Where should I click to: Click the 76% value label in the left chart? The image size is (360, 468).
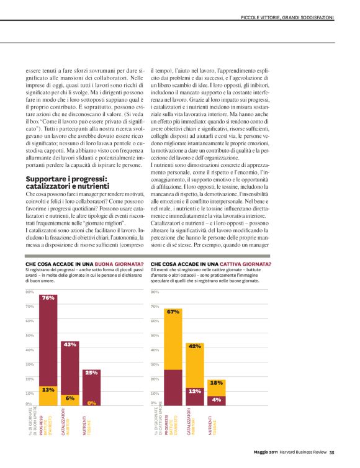click(48, 298)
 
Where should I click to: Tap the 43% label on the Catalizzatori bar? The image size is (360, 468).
click(70, 344)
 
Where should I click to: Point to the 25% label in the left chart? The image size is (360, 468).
click(92, 373)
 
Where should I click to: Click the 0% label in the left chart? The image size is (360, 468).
click(92, 403)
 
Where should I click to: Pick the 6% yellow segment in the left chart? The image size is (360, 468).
click(70, 399)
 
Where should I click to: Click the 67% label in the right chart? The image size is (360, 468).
click(173, 312)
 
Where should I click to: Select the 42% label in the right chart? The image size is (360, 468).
click(195, 346)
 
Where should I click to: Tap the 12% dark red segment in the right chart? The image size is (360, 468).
click(195, 396)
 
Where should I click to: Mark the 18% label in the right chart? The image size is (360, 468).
click(216, 383)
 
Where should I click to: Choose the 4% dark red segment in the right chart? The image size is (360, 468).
click(216, 400)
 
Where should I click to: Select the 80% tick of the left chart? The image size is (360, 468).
click(29, 292)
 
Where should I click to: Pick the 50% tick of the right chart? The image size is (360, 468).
click(155, 336)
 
